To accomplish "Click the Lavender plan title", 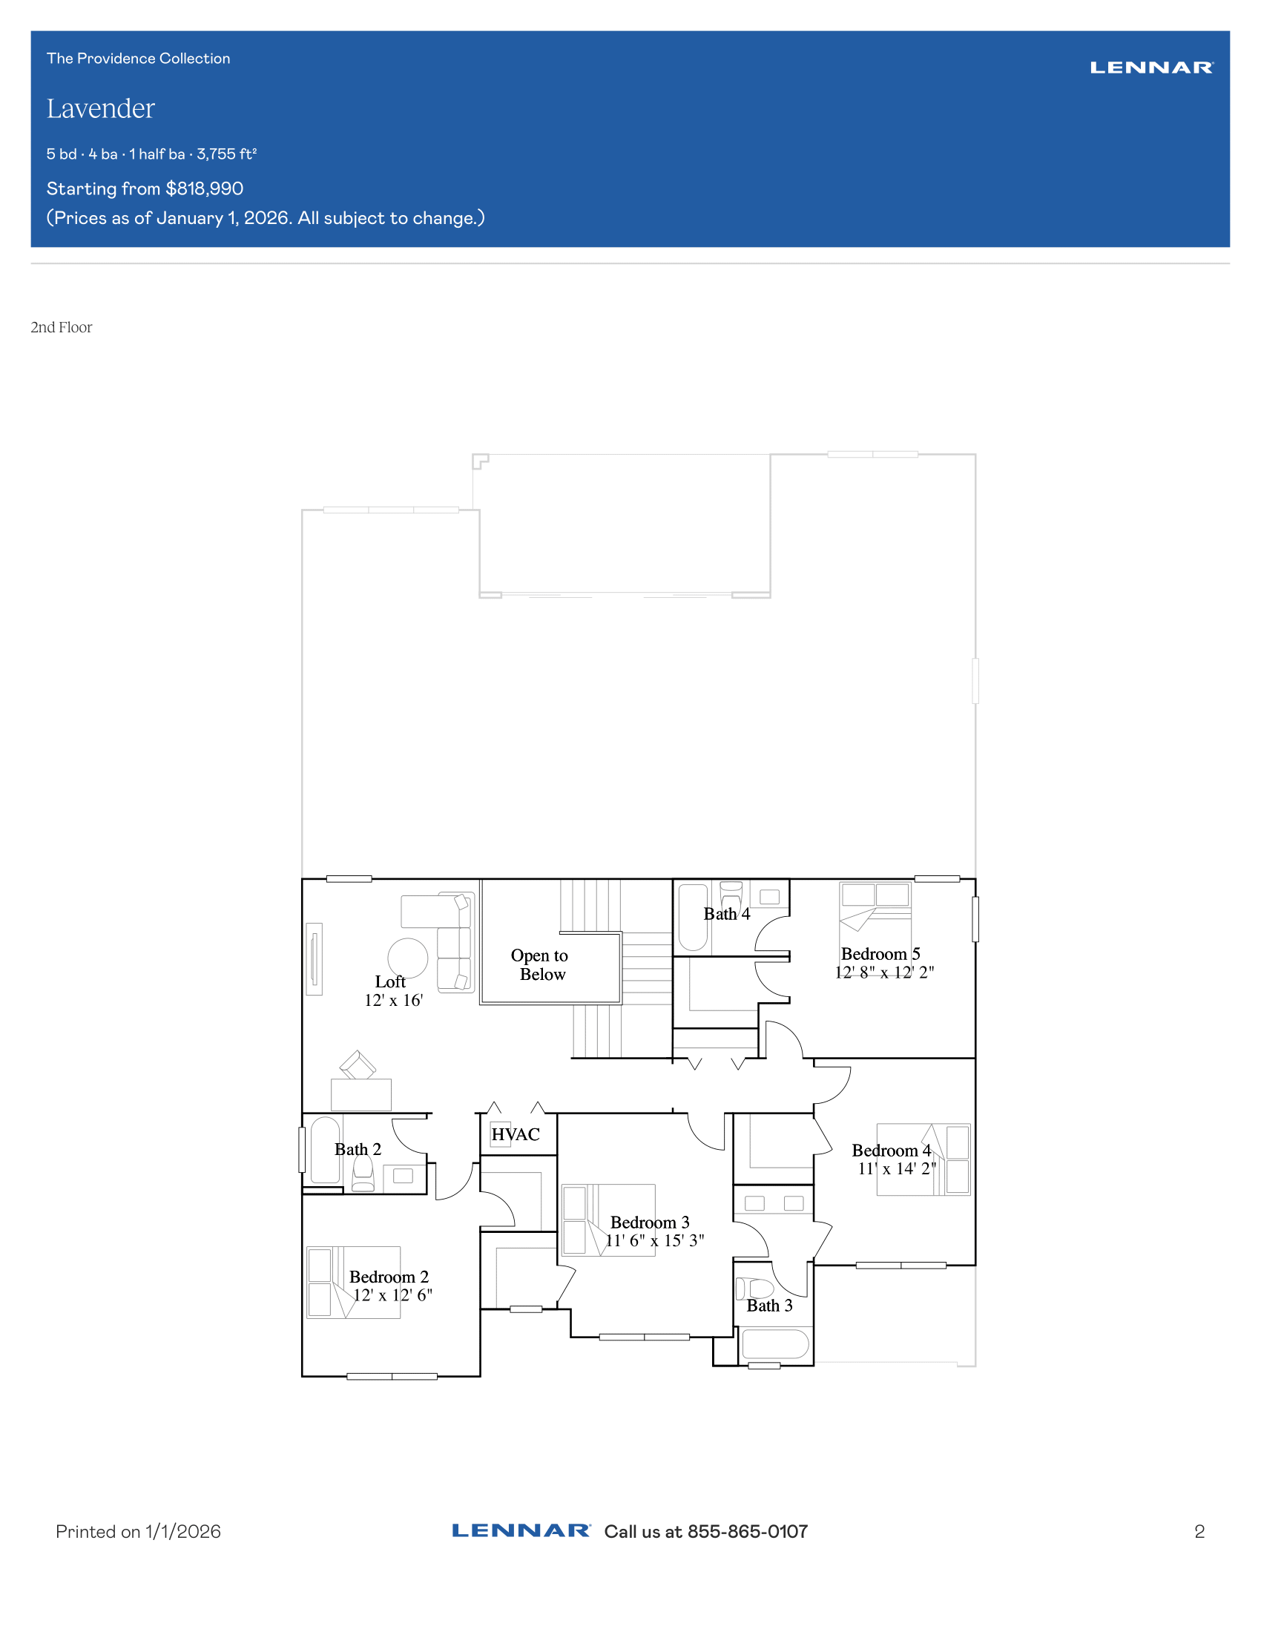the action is coord(101,109).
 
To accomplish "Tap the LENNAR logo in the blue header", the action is coord(1152,68).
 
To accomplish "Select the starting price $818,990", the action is coord(205,188).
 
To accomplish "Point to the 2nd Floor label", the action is coord(62,327).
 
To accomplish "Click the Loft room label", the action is coord(390,982).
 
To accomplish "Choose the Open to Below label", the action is coord(540,964).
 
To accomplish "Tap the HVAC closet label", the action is coord(516,1134).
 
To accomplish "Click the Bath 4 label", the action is coord(727,914).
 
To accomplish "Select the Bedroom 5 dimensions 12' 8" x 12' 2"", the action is coord(884,973).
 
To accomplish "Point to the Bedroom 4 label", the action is coord(891,1151).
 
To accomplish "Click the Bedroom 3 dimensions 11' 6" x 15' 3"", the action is coord(654,1240).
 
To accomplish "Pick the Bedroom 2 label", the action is coord(389,1277).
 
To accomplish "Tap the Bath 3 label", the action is coord(769,1306).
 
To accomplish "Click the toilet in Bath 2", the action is coord(363,1174).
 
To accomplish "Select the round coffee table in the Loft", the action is coord(408,958).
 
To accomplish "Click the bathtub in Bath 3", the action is coord(774,1343).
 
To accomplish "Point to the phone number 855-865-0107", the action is coord(748,1532).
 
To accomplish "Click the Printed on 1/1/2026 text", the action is coord(138,1532).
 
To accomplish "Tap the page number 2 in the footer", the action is coord(1199,1532).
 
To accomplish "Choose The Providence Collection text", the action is coord(138,59).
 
